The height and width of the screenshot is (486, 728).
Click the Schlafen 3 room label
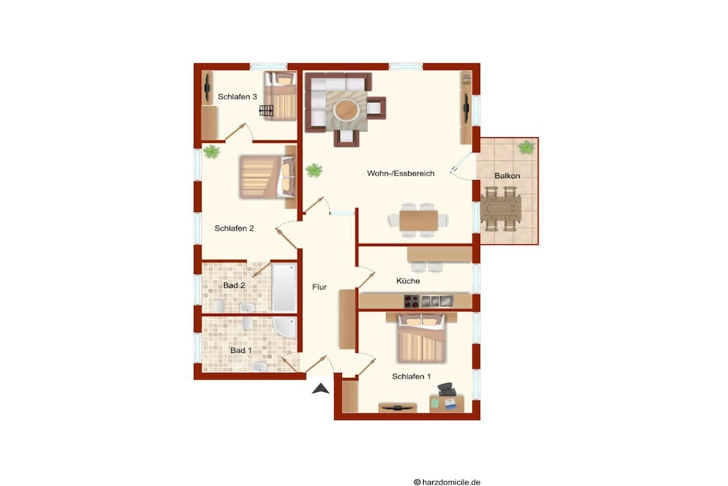[x=237, y=97]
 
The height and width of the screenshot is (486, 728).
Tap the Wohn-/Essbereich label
[x=401, y=174]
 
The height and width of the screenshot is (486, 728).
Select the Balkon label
[x=507, y=176]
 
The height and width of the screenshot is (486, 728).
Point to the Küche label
[x=408, y=280]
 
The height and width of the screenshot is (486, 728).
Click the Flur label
[x=319, y=287]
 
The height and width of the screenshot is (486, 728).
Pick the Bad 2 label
[x=234, y=285]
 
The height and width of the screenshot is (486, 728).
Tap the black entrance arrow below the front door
[x=321, y=389]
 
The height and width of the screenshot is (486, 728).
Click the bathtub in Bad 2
[x=284, y=287]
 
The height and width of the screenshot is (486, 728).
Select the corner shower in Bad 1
[x=284, y=327]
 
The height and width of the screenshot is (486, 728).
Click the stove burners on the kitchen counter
[x=412, y=302]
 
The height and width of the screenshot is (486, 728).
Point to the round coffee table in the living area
[x=346, y=110]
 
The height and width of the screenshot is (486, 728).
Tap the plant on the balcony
[x=526, y=148]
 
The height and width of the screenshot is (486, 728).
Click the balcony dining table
[x=500, y=209]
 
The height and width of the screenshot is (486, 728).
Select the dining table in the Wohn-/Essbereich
[x=418, y=221]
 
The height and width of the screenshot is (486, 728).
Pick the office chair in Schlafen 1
[x=446, y=389]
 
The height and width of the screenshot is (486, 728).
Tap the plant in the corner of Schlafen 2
[x=211, y=152]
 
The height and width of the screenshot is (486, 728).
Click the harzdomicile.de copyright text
[x=447, y=482]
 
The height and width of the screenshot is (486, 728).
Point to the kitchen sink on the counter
[x=437, y=301]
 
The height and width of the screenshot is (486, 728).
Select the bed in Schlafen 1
[x=421, y=338]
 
